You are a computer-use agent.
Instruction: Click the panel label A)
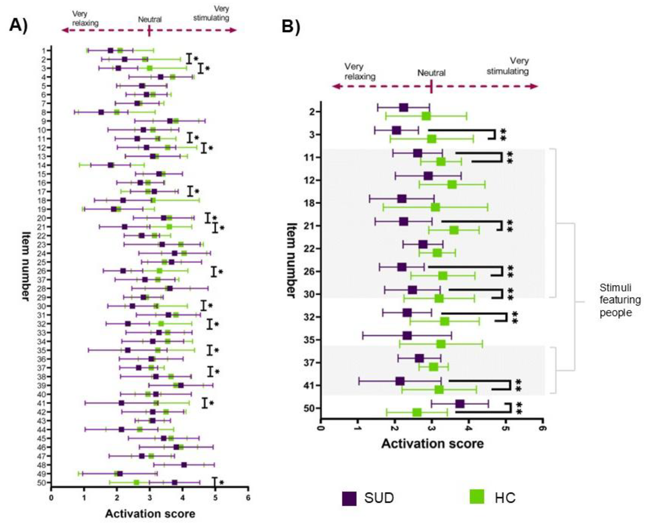pos(19,25)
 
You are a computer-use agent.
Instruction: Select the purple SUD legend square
pos(349,499)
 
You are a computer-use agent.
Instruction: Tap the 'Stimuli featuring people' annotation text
pos(620,300)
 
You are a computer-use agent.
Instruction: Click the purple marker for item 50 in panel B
pos(460,404)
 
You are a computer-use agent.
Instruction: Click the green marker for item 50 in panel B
pos(417,412)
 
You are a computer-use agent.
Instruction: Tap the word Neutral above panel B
pos(431,73)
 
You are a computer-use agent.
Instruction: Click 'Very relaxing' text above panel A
pos(85,18)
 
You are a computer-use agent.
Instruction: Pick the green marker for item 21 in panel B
pos(454,230)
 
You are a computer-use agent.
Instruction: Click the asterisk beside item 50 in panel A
pos(222,483)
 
